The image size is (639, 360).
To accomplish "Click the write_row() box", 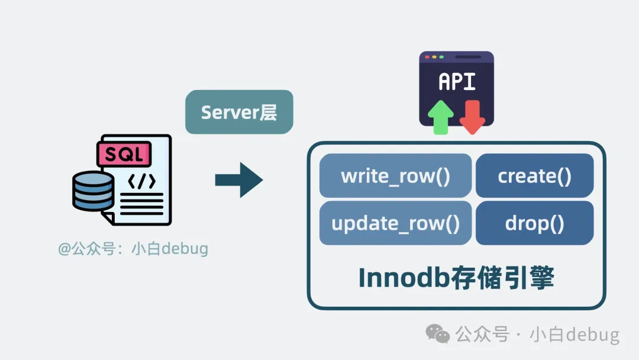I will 395,176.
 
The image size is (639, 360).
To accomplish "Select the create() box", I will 534,176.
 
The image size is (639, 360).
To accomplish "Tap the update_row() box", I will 395,223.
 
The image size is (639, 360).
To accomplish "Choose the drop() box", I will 534,223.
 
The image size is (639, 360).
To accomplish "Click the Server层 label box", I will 239,112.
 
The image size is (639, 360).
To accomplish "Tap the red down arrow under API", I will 472,117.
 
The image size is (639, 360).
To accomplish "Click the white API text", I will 457,82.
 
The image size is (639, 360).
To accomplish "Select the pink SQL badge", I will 124,155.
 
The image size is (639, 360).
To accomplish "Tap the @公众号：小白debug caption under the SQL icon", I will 133,249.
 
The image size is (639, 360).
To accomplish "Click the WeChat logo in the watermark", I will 438,334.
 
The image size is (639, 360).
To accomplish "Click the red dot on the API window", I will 427,57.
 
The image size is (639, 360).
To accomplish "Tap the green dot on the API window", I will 441,57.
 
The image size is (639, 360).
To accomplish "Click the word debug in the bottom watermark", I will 592,335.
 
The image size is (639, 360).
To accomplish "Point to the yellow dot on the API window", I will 434,57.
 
